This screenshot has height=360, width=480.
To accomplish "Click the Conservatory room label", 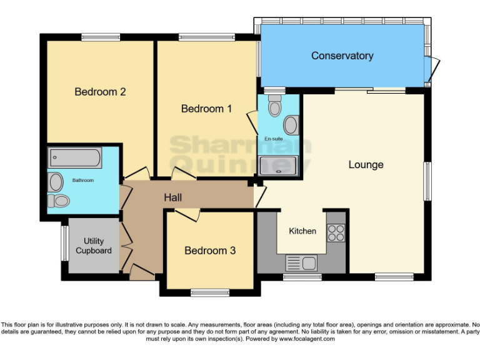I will [342, 56].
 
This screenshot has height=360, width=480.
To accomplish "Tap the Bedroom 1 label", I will [206, 109].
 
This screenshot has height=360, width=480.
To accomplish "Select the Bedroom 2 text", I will [100, 92].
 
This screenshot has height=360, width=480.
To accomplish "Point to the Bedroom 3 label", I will [210, 251].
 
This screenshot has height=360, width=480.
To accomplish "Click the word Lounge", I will [366, 165].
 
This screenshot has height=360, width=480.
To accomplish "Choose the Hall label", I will [173, 197].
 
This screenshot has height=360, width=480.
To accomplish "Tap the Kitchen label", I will [302, 231].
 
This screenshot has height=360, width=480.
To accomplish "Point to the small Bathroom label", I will [82, 181].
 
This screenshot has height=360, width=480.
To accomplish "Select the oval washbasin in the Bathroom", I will [56, 182].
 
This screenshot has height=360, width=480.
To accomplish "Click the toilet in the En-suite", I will [274, 107].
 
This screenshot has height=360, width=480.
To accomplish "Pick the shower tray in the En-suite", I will [277, 165].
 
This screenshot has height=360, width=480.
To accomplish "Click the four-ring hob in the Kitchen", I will [336, 232].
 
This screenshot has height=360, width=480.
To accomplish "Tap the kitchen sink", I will [301, 262].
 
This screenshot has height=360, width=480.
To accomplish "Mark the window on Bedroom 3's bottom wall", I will [209, 291].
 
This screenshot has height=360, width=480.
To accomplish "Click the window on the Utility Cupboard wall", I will [64, 242].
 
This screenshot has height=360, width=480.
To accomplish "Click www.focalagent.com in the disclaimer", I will [307, 339].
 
